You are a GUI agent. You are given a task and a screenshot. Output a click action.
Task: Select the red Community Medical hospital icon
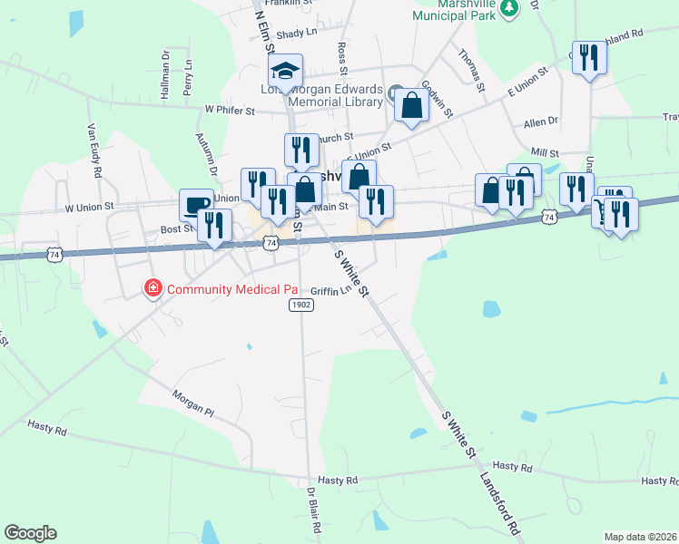coord(153,289)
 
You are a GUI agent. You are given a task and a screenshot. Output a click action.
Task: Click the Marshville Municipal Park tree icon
coord(510,7)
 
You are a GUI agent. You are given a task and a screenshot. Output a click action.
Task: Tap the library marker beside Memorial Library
coord(397,94)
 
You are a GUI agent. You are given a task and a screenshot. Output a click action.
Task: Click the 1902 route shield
coord(302,306)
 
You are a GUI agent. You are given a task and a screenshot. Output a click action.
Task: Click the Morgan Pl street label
coord(192,403)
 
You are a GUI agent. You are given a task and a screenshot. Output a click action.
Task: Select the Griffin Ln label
coord(330,291)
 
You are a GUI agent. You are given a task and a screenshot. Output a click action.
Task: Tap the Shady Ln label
coord(296,33)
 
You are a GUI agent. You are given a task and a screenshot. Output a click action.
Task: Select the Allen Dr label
coord(540,121)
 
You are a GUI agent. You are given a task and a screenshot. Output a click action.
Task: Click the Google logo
coord(30,533)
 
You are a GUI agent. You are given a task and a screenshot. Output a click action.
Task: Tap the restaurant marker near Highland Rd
coord(589,59)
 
